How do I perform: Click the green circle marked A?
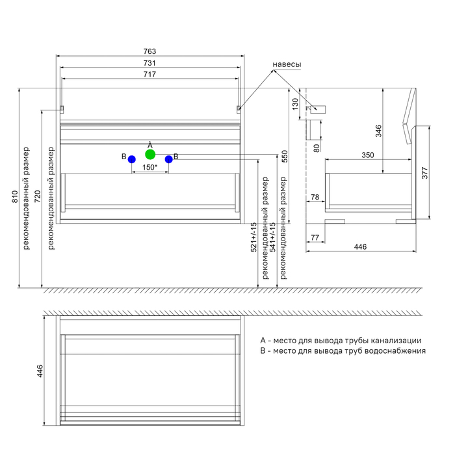tap(150, 154)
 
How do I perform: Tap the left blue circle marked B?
tap(132, 159)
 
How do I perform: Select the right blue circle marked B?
tap(168, 159)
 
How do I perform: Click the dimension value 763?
tap(149, 51)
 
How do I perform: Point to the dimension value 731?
tap(149, 63)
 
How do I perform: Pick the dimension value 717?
tap(149, 75)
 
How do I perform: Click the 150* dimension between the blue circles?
tap(150, 168)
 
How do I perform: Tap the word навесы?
tap(287, 65)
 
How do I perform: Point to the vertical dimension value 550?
tap(284, 156)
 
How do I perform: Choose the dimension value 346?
tap(378, 130)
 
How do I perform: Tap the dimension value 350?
tap(368, 155)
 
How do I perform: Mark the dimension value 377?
tap(424, 172)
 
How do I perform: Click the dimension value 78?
tap(315, 198)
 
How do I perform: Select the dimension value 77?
tap(315, 238)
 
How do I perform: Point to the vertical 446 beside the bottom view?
tap(39, 371)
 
